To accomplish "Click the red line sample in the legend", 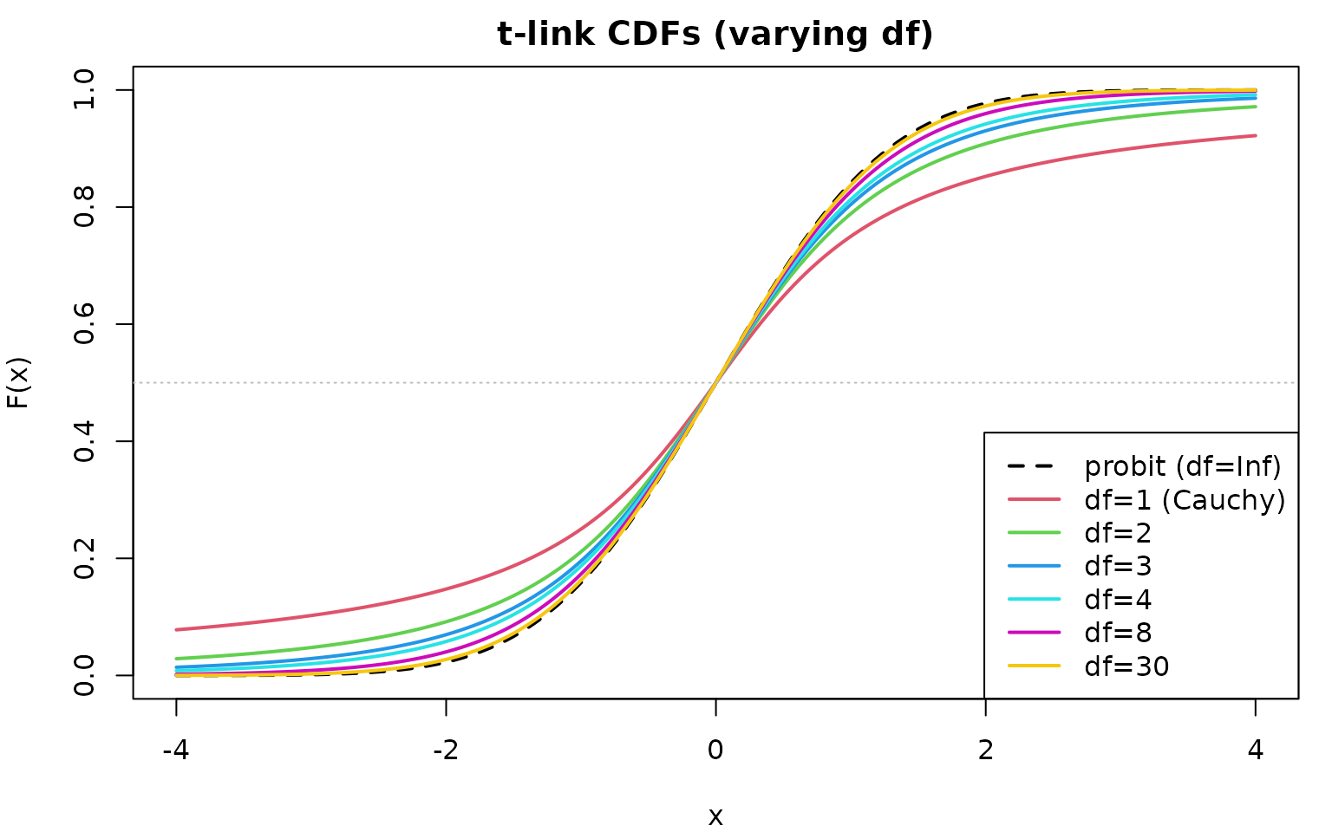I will point(1034,499).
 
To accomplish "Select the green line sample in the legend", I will point(1034,532).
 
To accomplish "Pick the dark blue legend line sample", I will point(1034,566).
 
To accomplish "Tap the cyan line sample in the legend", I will point(1034,599).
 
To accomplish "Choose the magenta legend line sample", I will point(1034,633).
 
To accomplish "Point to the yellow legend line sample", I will point(1034,666).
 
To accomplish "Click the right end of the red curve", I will point(1256,135).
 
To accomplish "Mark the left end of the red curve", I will point(176,629).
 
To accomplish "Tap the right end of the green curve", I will point(1256,107).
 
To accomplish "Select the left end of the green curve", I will point(176,659).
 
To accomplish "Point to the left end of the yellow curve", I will point(176,675).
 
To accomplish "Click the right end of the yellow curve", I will point(1256,89).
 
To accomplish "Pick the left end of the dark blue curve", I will point(176,667).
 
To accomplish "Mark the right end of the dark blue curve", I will point(1256,98).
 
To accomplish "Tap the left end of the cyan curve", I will point(176,671).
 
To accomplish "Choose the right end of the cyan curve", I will point(1256,94).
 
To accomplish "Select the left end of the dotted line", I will point(134,382).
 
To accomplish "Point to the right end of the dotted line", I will point(1294,382).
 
